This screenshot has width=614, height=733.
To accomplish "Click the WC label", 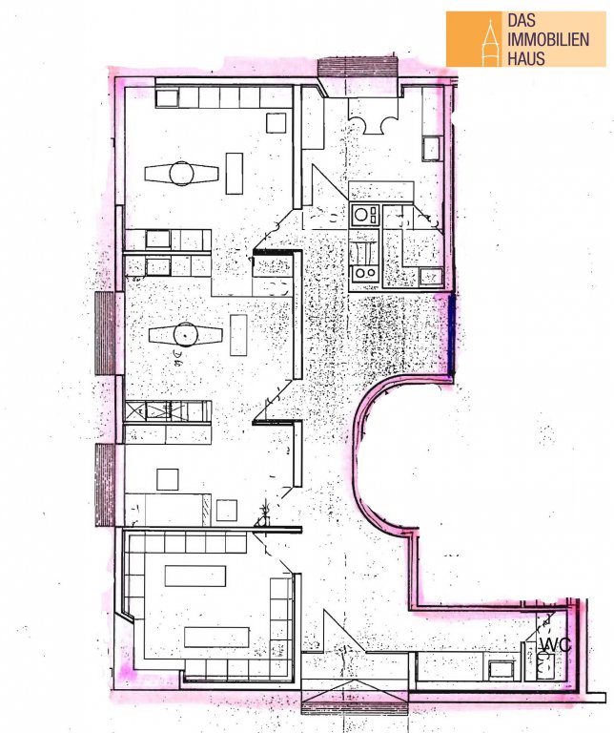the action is tap(556, 645).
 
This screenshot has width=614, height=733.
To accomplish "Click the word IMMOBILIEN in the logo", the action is tap(548, 39).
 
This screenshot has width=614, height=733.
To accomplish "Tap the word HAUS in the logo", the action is tap(526, 58).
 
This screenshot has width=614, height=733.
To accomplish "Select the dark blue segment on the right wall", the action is tap(452, 333).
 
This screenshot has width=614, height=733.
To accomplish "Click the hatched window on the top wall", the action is tap(358, 67).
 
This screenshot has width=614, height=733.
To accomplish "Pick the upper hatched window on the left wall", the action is tap(105, 333).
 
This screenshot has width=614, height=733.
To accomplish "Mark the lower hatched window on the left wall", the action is tap(105, 485).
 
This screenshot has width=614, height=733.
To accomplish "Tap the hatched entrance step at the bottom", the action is tap(355, 708).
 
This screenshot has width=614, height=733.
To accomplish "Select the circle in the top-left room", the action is tap(181, 174).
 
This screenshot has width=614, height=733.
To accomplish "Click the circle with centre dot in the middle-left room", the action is tap(186, 335).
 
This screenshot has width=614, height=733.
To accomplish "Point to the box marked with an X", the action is tap(136, 411).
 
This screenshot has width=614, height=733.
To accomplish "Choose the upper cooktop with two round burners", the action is tap(364, 215).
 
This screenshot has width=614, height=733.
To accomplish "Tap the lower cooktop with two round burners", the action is tap(364, 273).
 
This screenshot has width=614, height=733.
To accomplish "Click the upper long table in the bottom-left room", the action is tap(195, 576).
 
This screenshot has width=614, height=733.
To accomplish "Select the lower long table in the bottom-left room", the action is tap(216, 637).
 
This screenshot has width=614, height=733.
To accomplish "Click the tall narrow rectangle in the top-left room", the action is tap(235, 173).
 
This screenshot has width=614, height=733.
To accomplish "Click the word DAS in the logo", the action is tap(522, 20).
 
